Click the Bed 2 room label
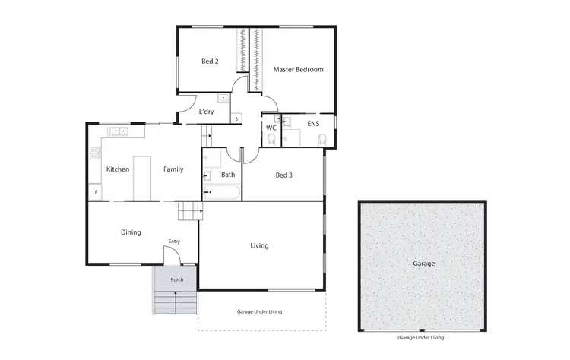click(211, 62)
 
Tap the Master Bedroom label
click(298, 69)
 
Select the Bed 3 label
click(283, 175)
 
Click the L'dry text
click(206, 112)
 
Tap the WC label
click(271, 128)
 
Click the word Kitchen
click(118, 169)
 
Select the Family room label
click(173, 169)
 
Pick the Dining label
click(131, 232)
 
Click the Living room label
click(260, 245)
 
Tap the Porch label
click(176, 279)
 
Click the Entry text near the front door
click(174, 242)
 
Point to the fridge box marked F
click(96, 193)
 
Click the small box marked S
click(236, 118)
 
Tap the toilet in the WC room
click(271, 139)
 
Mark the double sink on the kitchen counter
click(119, 131)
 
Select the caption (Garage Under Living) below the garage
click(420, 336)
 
